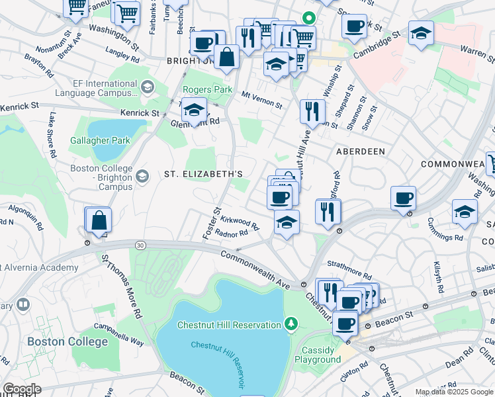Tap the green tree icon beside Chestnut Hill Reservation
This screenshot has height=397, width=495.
pos(290,324)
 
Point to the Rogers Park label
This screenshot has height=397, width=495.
pos(206,89)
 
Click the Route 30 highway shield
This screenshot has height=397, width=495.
pos(140,245)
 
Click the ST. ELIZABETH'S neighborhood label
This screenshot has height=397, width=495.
pos(204,174)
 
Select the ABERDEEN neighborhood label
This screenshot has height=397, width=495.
pos(361,152)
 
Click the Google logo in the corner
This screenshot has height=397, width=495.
pos(21,389)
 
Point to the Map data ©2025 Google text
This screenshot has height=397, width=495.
pos(453,392)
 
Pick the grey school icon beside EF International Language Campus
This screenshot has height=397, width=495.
pos(147,86)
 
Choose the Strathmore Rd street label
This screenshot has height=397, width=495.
pos(350,270)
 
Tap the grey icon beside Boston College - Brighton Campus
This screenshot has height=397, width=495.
pos(142,177)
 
